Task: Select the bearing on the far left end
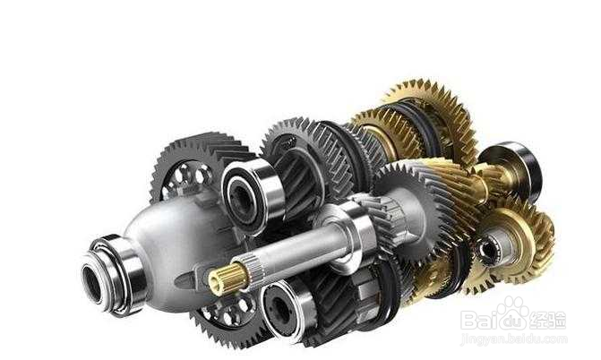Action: pyautogui.click(x=113, y=274)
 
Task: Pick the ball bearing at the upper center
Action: pyautogui.click(x=253, y=195)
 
